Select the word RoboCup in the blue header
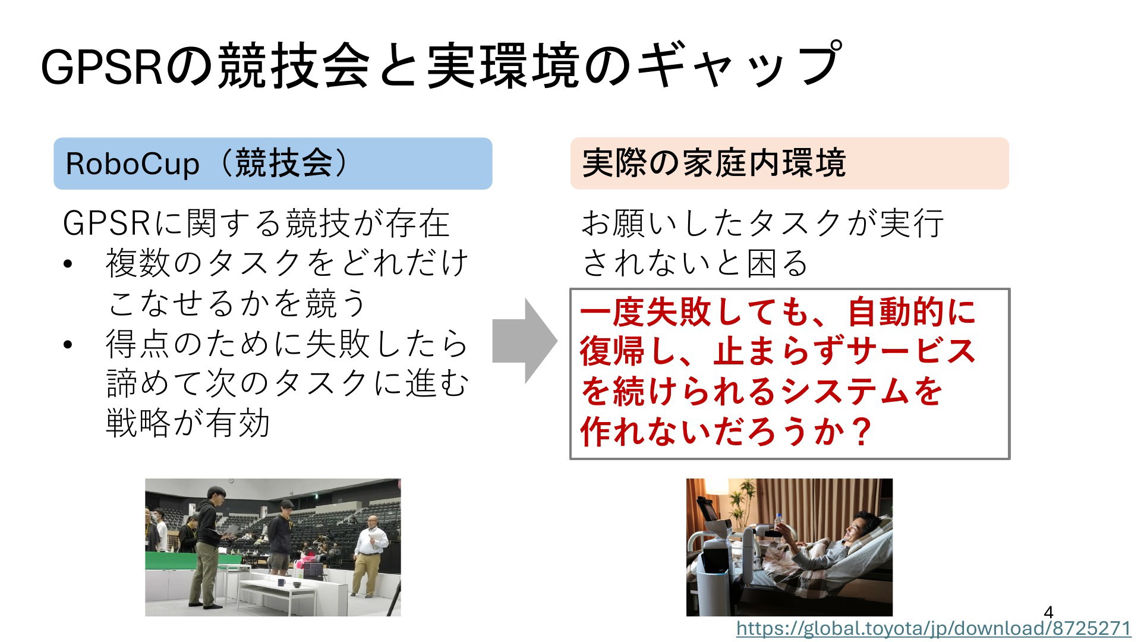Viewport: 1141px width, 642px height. coord(133,164)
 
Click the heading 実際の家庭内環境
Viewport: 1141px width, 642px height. coord(714,163)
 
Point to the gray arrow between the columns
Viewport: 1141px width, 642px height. coord(525,341)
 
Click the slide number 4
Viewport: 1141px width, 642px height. coord(1048,612)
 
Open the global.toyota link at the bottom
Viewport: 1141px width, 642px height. coord(934,628)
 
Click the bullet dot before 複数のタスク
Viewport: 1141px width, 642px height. coord(68,264)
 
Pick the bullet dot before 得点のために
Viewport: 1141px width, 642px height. coord(68,345)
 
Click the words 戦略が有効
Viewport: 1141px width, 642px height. coord(188,423)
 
